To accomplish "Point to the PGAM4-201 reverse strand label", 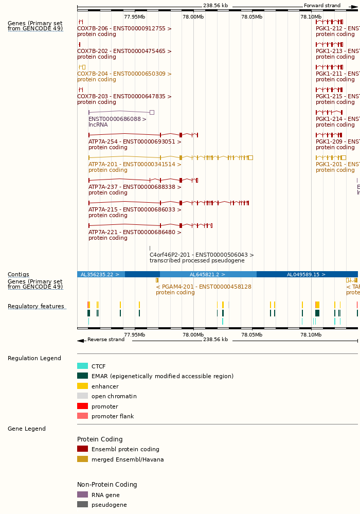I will click(204, 287).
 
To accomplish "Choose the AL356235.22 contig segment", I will click(100, 274).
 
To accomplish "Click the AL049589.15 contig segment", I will click(305, 274).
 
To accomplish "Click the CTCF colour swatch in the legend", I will click(82, 366).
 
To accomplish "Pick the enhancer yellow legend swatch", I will click(82, 386).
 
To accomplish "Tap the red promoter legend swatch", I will click(82, 406).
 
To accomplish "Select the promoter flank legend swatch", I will click(82, 416).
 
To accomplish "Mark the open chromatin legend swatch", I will click(82, 396).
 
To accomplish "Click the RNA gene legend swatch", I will click(82, 495).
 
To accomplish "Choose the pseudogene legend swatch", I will click(82, 505).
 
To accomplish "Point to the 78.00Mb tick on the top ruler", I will click(193, 16).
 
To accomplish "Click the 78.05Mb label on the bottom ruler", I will click(252, 335).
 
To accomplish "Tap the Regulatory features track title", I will click(36, 307).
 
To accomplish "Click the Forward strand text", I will click(322, 6).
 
